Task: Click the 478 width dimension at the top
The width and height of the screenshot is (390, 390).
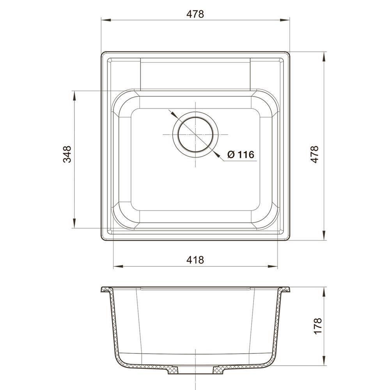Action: pos(195,14)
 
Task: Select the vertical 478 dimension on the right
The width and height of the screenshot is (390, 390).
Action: pos(315,154)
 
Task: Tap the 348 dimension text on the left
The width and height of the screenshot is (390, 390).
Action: pos(67,154)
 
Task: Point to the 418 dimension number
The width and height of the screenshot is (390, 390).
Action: pos(195,260)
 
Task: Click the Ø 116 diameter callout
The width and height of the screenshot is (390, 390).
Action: pos(241,155)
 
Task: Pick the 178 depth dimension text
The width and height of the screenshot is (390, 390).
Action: pos(318,326)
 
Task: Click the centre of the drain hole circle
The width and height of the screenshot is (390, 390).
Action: pos(195,134)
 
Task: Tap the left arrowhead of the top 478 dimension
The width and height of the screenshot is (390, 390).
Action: pos(106,20)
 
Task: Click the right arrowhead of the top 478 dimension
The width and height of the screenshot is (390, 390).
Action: pos(285,20)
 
